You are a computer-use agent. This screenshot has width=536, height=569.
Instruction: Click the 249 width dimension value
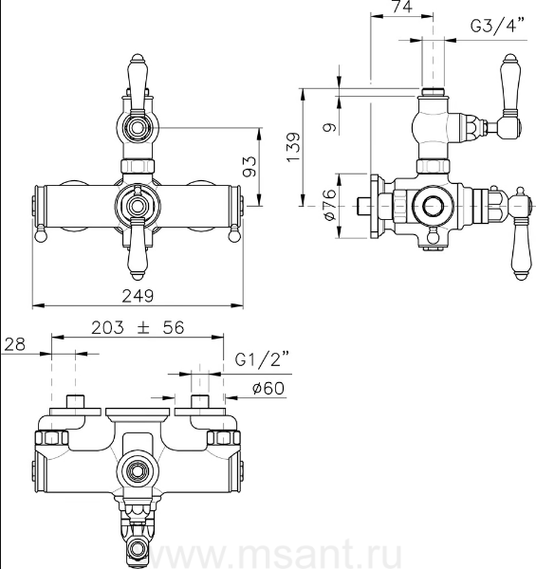click(x=138, y=296)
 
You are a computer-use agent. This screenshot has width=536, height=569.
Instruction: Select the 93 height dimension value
click(x=250, y=167)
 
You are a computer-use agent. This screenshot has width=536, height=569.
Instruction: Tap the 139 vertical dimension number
click(x=293, y=147)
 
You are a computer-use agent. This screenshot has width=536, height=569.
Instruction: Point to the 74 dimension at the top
click(x=402, y=7)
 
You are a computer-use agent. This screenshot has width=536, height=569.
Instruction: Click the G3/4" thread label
click(x=497, y=25)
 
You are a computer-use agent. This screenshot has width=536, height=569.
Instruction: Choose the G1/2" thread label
click(x=262, y=359)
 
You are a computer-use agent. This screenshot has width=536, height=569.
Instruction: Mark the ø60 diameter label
click(x=268, y=388)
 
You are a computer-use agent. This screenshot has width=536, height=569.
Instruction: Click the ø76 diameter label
click(x=329, y=205)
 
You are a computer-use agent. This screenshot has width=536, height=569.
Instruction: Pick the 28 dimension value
click(x=14, y=345)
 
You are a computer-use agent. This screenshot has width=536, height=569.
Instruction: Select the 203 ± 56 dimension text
click(x=138, y=328)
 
